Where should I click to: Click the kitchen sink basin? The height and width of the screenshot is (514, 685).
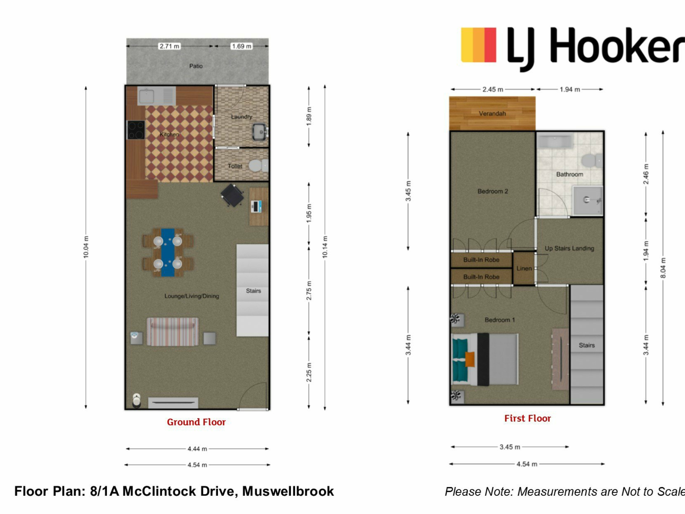point(146,96)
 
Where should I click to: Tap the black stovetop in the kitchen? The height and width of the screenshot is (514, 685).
point(136,130)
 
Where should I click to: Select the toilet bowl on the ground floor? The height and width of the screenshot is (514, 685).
point(255,166)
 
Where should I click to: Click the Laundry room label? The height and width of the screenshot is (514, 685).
point(242,117)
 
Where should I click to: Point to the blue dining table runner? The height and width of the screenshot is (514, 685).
point(168,253)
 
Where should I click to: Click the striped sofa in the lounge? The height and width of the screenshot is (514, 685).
point(173,332)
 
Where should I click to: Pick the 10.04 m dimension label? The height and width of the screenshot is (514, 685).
point(86,247)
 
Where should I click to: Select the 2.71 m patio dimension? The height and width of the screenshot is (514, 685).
point(169,46)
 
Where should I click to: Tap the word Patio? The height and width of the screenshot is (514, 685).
point(196,66)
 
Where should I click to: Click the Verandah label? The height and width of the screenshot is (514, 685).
point(492,114)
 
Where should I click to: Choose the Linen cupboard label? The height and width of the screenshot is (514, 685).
point(524,268)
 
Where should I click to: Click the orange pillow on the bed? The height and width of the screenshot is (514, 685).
point(470,359)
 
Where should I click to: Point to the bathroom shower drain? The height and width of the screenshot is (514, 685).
point(586,200)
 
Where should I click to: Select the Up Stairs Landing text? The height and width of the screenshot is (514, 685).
point(569,248)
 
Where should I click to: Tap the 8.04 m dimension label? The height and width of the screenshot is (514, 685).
point(663,268)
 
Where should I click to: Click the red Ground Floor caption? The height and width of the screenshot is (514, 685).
point(196,422)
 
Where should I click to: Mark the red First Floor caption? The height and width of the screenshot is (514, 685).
point(528,418)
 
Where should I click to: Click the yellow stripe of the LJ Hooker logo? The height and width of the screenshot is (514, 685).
point(467,45)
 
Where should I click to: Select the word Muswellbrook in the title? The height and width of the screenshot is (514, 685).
point(288,492)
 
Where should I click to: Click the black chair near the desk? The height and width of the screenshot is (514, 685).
point(232,195)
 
